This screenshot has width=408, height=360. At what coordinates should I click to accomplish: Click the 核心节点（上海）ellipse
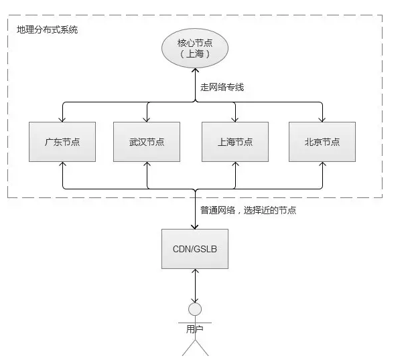[194, 49]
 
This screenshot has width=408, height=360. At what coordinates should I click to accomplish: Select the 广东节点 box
[62, 142]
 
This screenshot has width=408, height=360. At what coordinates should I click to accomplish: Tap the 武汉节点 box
[147, 142]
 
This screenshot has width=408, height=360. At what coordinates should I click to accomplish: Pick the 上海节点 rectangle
[235, 142]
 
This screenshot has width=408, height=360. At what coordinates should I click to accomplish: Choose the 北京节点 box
[322, 142]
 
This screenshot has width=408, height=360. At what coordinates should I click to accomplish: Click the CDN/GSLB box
[195, 248]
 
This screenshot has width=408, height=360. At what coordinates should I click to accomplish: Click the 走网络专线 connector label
[222, 87]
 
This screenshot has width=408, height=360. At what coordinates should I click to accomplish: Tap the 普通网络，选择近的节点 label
[248, 210]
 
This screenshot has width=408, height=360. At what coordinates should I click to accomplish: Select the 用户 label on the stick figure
[195, 329]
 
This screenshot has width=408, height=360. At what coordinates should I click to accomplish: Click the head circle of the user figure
[195, 310]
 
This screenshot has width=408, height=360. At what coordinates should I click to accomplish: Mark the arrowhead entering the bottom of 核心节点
[195, 72]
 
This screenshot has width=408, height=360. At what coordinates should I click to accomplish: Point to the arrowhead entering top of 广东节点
[62, 118]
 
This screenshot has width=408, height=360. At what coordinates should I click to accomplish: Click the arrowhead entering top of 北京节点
[322, 118]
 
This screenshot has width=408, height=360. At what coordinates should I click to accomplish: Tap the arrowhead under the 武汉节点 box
[147, 165]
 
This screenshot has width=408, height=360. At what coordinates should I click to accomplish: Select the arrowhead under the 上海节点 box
[235, 165]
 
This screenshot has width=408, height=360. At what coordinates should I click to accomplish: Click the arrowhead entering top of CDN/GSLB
[195, 225]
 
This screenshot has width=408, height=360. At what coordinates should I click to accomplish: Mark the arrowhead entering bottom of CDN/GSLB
[195, 272]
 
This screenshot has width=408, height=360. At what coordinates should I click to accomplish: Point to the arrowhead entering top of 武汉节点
[147, 118]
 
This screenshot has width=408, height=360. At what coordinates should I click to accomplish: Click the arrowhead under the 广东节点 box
[62, 165]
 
